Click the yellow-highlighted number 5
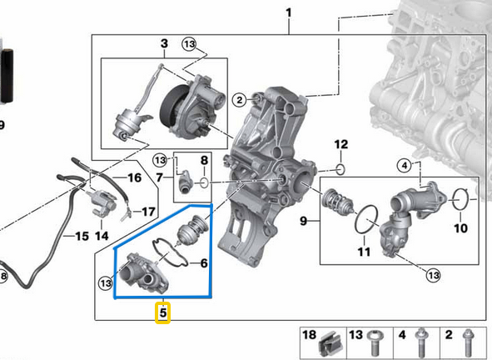point(164,314)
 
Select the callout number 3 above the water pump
point(164,43)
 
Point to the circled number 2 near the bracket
point(239,101)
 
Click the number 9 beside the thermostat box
point(305,221)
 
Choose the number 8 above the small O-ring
point(204,159)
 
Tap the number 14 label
point(102,236)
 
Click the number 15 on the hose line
point(80,237)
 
